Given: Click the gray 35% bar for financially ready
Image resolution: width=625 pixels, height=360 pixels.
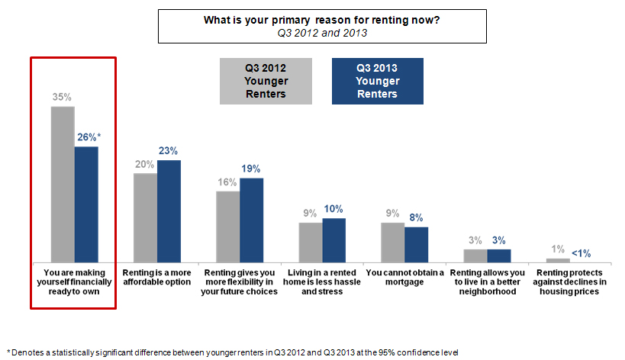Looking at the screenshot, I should pos(63,184).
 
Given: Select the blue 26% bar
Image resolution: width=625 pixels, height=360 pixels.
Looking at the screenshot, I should pos(86,204).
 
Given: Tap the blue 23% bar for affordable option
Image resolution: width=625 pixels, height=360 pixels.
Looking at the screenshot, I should pos(169,211).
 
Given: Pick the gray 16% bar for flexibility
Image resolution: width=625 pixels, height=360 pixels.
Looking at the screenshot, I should pos(227,226).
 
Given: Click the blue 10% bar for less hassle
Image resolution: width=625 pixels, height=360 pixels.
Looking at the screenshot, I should pos(333,239).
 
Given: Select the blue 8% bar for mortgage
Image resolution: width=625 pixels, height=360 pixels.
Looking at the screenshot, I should pos(416,244).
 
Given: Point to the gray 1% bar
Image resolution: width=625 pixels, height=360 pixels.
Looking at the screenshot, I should pos(558,260).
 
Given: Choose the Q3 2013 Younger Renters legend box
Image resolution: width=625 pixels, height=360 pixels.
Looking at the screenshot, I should pos(377,82).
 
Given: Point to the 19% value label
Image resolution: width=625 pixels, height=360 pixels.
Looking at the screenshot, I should pos(251,169).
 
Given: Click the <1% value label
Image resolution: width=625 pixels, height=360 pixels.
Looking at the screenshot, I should pos(581,253).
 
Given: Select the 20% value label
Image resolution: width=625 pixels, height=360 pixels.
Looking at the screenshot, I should pos(145,163).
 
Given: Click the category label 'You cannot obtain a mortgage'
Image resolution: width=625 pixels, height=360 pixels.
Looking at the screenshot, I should pos(404,276).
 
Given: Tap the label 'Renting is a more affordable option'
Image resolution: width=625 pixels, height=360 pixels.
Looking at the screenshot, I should pos(157,276).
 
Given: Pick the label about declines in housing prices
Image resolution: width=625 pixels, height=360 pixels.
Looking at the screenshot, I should pos(569,281).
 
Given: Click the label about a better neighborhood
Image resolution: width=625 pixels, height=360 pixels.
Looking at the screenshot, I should pos(487,281).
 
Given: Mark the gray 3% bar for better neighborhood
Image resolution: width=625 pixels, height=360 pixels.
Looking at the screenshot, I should pos(475,255).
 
